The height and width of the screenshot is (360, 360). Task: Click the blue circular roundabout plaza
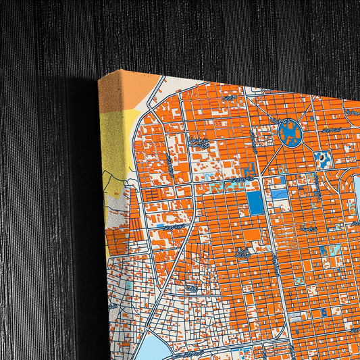pyautogui.click(x=290, y=132)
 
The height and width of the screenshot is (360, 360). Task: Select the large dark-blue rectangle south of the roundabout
pyautogui.click(x=255, y=203)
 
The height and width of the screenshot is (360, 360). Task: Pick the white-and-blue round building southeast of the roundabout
pyautogui.click(x=323, y=159)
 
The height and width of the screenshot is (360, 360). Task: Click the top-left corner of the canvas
pyautogui.click(x=99, y=78)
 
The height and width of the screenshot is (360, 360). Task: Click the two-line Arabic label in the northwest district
pyautogui.click(x=198, y=143)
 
